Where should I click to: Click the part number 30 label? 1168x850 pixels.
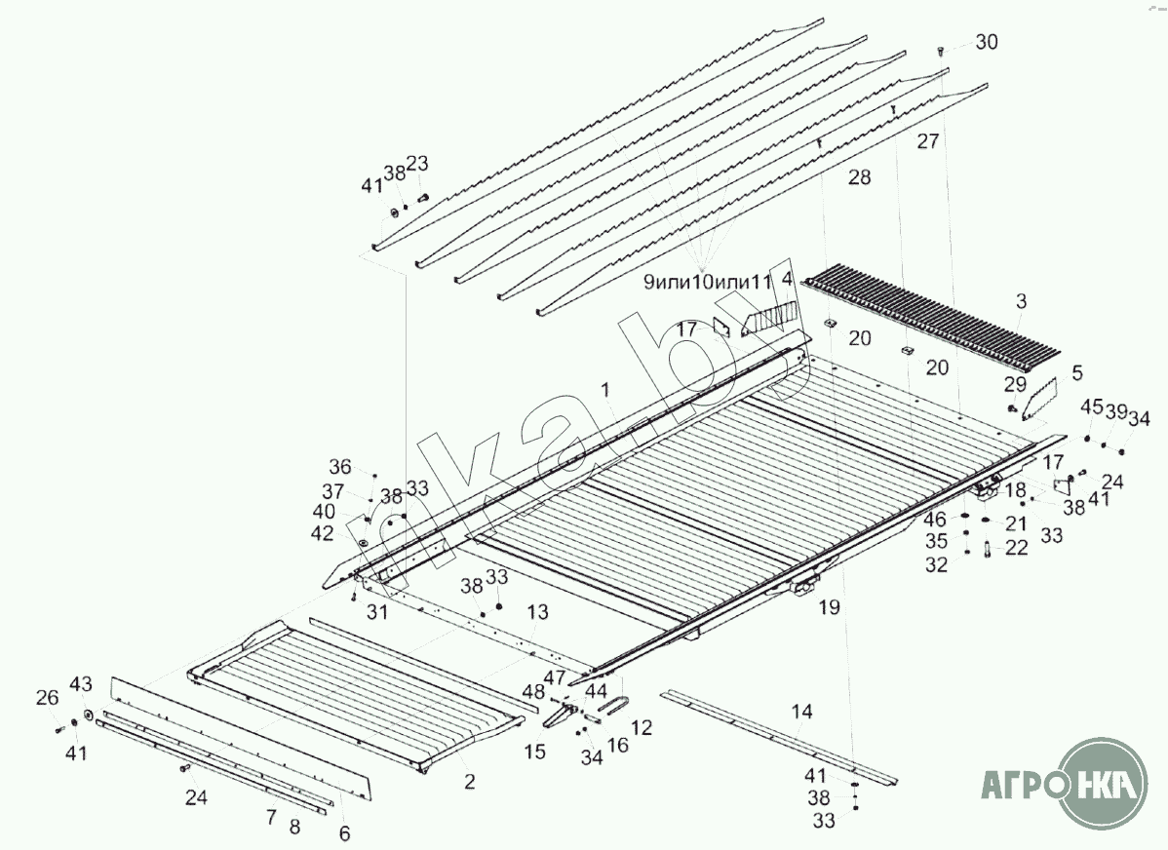click(x=987, y=43)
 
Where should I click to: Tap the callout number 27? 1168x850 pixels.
click(x=927, y=140)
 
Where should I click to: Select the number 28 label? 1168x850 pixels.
click(x=859, y=177)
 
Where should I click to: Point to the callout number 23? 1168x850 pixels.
click(x=417, y=164)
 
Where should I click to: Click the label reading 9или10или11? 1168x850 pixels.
click(x=707, y=283)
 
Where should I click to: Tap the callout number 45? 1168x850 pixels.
click(x=1091, y=406)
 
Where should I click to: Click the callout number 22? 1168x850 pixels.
click(x=1016, y=549)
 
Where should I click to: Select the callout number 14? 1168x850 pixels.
click(x=800, y=713)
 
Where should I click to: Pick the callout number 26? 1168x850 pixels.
click(x=47, y=698)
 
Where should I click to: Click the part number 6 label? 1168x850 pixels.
click(x=344, y=833)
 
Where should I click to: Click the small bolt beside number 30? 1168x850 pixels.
click(x=940, y=49)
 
